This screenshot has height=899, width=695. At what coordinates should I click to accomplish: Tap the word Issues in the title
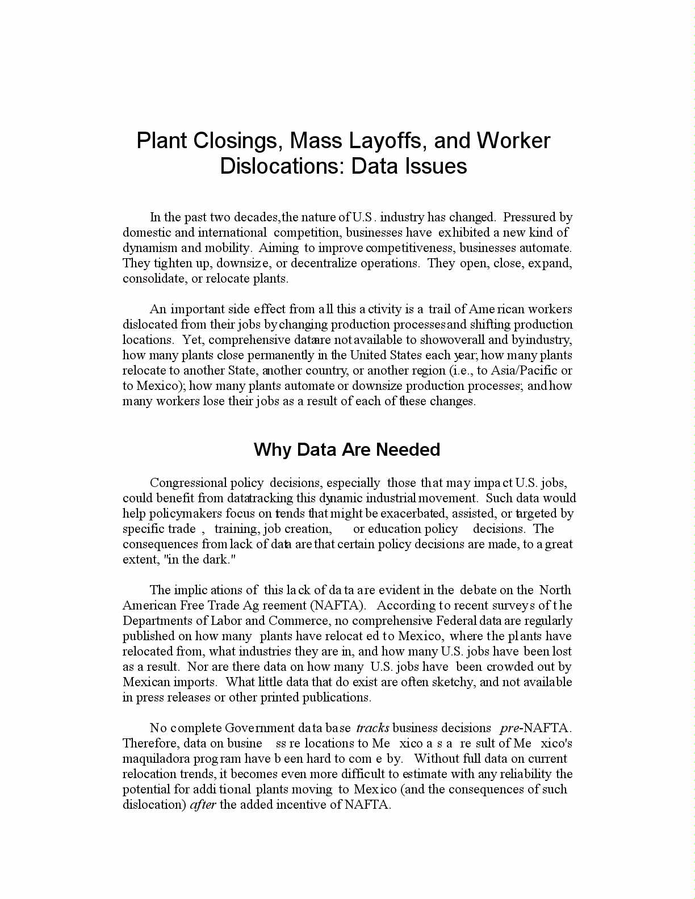point(436,166)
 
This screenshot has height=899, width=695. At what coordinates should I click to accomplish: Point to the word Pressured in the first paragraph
point(529,217)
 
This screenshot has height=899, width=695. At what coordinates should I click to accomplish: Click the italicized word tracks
point(372,728)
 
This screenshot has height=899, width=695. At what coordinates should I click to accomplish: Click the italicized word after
point(203,805)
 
